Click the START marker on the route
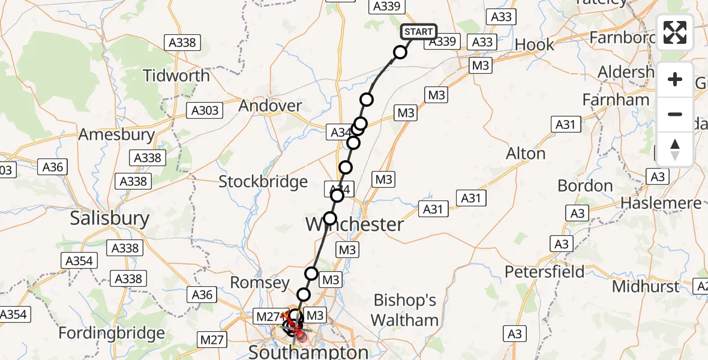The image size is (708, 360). [418, 32]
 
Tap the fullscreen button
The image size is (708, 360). [675, 32]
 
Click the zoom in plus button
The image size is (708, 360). [675, 79]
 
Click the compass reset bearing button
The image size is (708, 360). [675, 149]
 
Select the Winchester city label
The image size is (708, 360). [355, 225]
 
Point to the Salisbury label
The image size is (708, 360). [109, 218]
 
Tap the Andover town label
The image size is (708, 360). [270, 106]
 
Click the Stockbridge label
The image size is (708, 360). [263, 182]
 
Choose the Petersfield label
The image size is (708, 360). [544, 272]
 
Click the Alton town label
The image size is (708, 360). [526, 154]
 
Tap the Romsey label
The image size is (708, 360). [260, 283]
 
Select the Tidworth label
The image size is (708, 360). [176, 76]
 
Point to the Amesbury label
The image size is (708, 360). [116, 134]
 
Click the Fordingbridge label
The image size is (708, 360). [112, 333]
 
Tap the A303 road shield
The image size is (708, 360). [205, 110]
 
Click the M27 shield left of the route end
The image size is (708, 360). [268, 316]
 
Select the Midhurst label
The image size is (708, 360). [646, 286]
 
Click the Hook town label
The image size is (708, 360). [534, 44]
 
